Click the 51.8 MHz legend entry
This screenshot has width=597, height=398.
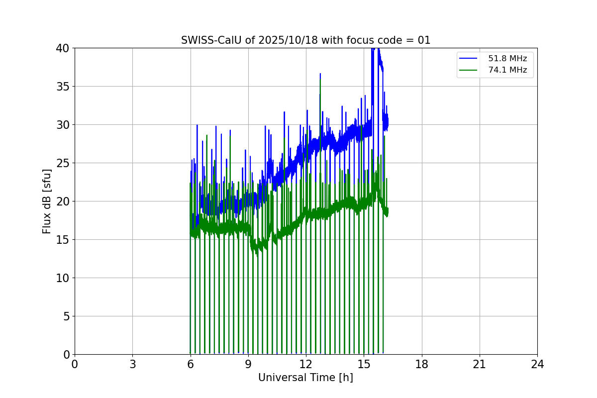pyautogui.click(x=507, y=59)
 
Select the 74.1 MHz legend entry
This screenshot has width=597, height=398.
pyautogui.click(x=507, y=70)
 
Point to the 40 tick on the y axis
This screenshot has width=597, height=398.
pyautogui.click(x=63, y=48)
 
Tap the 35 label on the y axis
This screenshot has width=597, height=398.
pyautogui.click(x=63, y=87)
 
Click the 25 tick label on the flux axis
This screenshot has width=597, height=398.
pyautogui.click(x=63, y=163)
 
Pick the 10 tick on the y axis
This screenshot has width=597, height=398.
pyautogui.click(x=63, y=278)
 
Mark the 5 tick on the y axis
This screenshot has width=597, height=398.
pyautogui.click(x=66, y=316)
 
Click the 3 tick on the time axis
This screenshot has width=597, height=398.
pyautogui.click(x=132, y=364)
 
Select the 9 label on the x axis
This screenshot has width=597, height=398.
pyautogui.click(x=248, y=364)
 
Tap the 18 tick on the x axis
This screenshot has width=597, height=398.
pyautogui.click(x=422, y=364)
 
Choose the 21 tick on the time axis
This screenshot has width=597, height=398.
pyautogui.click(x=480, y=364)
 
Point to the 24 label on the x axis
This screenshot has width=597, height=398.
pyautogui.click(x=537, y=364)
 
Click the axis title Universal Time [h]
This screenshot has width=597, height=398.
pyautogui.click(x=305, y=378)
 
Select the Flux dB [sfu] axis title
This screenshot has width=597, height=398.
pyautogui.click(x=47, y=201)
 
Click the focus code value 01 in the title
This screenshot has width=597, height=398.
pyautogui.click(x=424, y=40)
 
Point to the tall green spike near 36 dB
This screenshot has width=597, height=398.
pyautogui.click(x=320, y=81)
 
